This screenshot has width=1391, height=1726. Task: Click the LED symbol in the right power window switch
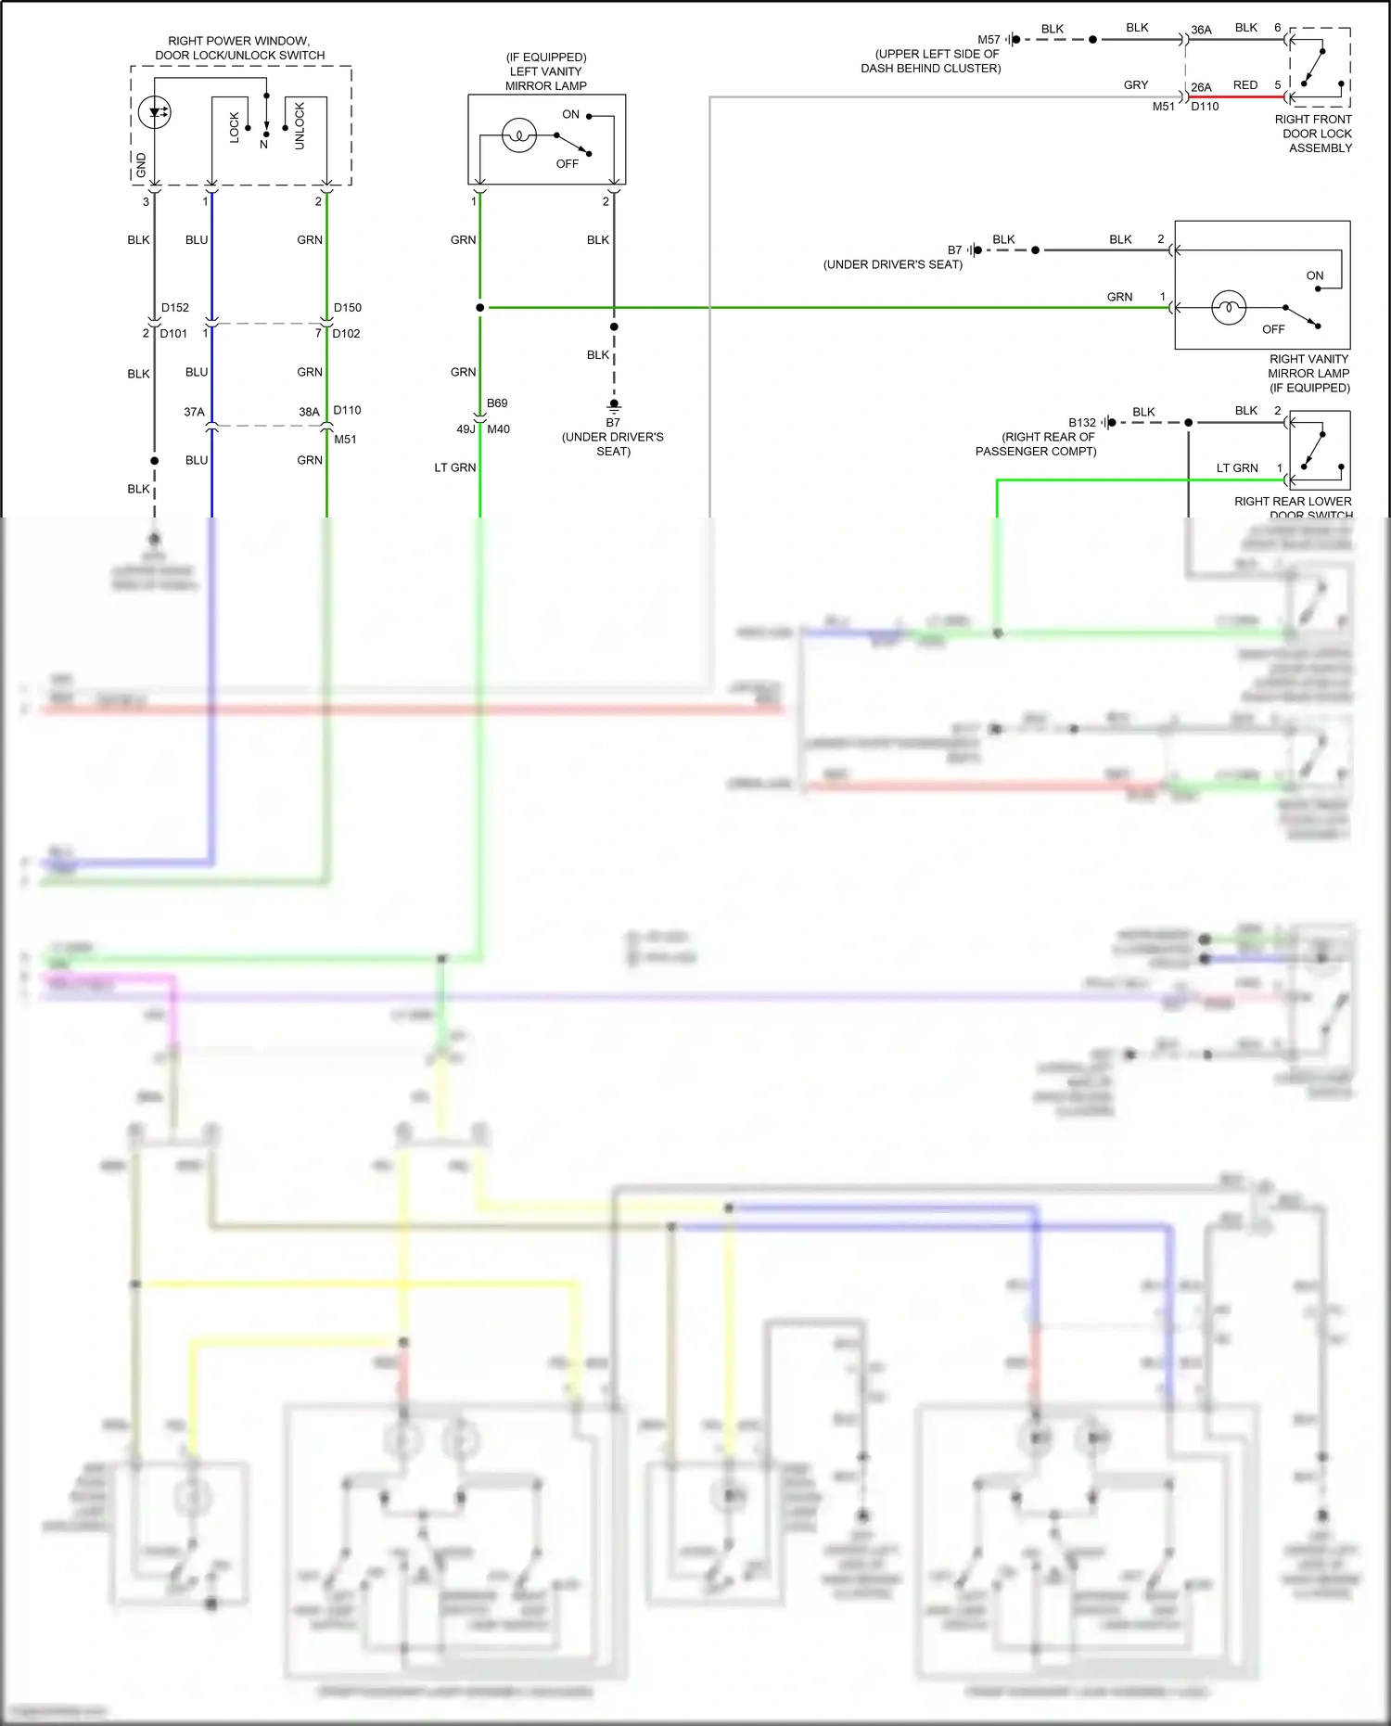click(x=154, y=113)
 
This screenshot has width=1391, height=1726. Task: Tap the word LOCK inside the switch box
click(x=235, y=127)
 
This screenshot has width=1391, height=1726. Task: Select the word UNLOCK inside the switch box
click(x=300, y=126)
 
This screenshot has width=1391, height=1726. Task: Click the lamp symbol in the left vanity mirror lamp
click(x=519, y=135)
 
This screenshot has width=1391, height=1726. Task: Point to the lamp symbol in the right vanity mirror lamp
click(x=1229, y=307)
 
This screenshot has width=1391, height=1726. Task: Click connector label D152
click(x=174, y=308)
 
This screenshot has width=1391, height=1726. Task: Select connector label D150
click(x=348, y=308)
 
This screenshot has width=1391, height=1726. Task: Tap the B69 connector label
click(x=497, y=403)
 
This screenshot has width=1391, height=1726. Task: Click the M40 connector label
click(x=498, y=429)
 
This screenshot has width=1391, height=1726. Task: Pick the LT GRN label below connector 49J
click(x=455, y=467)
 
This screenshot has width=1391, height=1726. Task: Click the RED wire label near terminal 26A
click(x=1245, y=85)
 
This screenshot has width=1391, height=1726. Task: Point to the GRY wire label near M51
click(x=1136, y=85)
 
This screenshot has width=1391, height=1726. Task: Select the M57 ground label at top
click(x=989, y=40)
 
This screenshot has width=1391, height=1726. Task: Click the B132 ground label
click(x=1081, y=423)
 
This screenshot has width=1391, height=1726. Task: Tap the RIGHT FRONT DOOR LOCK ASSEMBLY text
click(x=1316, y=134)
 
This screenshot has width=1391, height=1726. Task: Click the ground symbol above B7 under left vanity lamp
click(x=614, y=405)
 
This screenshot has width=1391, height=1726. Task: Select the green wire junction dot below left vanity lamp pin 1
click(x=479, y=308)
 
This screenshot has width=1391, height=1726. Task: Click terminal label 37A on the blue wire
click(x=194, y=412)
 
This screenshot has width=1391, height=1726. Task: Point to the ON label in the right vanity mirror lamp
click(x=1314, y=276)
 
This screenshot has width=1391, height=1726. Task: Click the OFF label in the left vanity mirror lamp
click(x=567, y=164)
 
